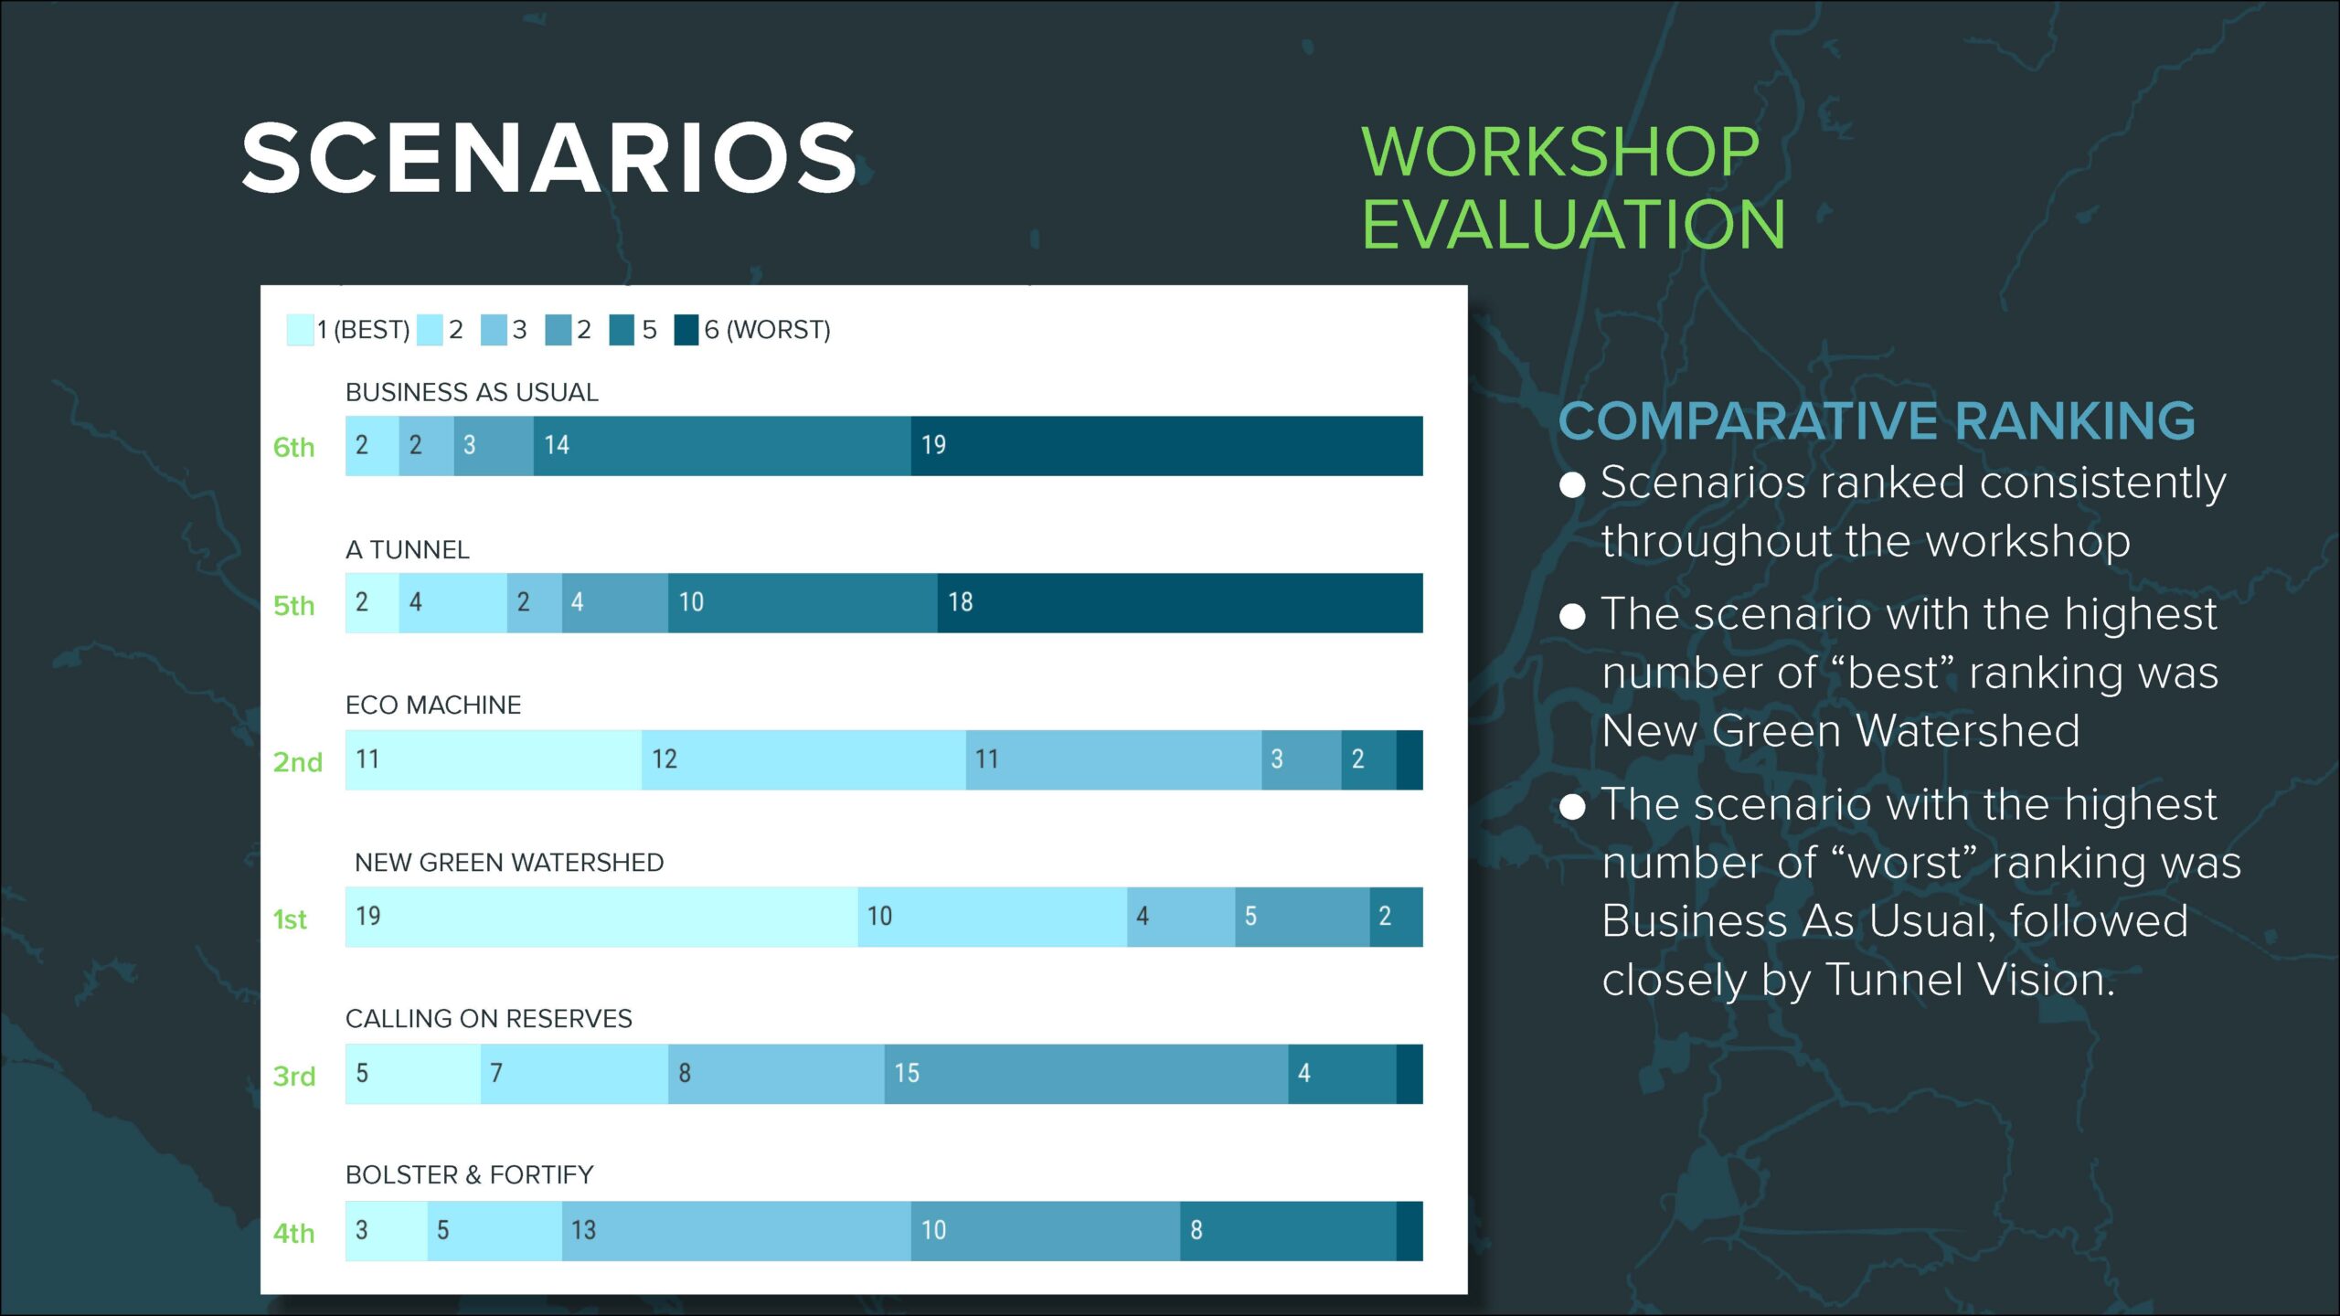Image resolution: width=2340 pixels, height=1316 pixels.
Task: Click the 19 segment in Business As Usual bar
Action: [1166, 446]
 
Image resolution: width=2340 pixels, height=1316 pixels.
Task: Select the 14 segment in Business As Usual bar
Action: [722, 446]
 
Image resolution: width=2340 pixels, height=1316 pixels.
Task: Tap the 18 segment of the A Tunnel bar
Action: [1180, 603]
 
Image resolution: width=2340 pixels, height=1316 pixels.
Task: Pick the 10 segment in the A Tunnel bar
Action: [803, 603]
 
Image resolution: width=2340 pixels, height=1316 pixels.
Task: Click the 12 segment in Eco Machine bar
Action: [803, 760]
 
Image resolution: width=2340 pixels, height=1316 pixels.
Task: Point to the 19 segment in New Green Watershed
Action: [601, 917]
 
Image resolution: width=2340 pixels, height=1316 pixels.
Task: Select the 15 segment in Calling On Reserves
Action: [1086, 1074]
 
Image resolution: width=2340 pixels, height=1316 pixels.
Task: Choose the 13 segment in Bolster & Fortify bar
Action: [737, 1231]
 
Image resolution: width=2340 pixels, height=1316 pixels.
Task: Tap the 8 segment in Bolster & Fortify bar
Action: [1288, 1231]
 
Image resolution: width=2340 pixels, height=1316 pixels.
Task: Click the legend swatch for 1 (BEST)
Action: [300, 330]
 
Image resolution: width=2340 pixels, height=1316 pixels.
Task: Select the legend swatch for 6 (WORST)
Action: [686, 330]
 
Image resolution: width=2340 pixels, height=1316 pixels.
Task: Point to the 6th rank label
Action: [293, 448]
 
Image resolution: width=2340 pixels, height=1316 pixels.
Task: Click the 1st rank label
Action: [290, 919]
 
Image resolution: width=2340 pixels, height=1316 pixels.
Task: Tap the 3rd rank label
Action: [294, 1077]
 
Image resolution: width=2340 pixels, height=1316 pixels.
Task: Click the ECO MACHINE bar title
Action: [433, 706]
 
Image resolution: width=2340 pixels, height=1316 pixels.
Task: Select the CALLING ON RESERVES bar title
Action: [489, 1019]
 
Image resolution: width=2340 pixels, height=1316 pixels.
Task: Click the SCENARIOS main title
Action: [549, 158]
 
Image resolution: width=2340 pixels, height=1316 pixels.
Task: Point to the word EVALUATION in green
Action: [1573, 224]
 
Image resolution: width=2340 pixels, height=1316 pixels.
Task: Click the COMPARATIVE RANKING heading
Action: [1877, 421]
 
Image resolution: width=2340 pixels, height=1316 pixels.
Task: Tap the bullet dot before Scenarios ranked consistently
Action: [1572, 484]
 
